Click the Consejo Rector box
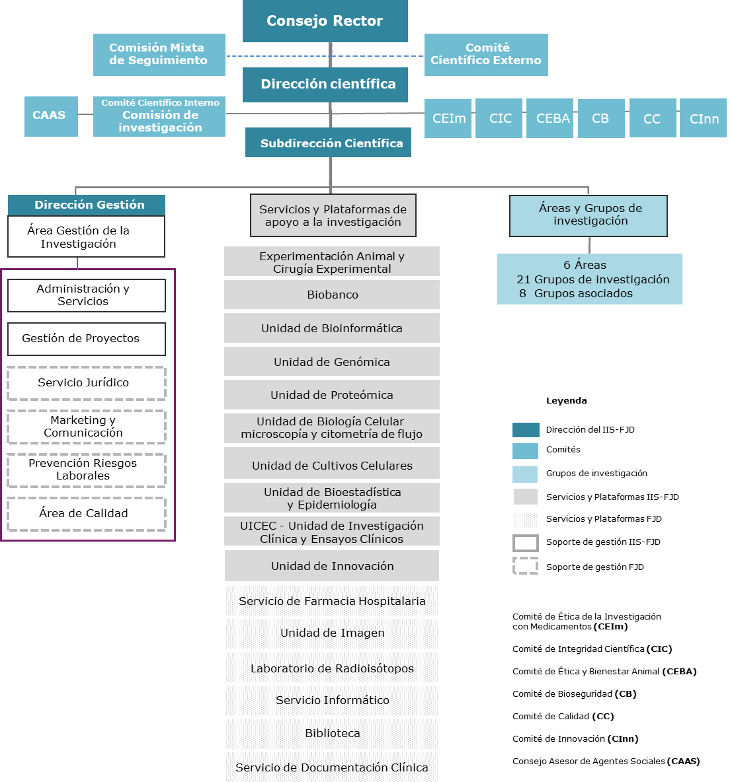(325, 21)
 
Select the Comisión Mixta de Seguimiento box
(159, 55)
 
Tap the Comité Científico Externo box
(486, 55)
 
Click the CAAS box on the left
(51, 116)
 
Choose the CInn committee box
(703, 118)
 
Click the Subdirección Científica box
(328, 143)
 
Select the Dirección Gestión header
(87, 205)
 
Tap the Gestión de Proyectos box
(87, 339)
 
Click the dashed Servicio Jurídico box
(87, 383)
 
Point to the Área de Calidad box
(87, 514)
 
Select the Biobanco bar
(332, 295)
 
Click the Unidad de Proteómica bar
(332, 395)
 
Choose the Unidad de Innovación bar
(332, 566)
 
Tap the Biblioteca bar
(332, 734)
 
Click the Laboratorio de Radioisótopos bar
(332, 668)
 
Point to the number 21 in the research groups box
(523, 280)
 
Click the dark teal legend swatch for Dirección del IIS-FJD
(526, 430)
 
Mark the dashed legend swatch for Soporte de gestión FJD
(526, 566)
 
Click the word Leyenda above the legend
(566, 401)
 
